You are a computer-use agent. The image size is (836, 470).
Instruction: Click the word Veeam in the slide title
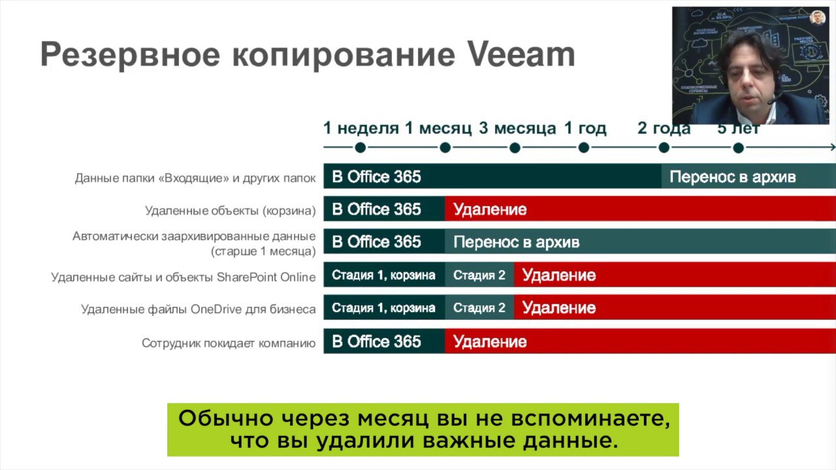pos(521,54)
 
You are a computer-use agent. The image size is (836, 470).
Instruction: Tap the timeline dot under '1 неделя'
pos(360,148)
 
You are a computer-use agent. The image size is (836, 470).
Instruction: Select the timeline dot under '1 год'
pos(584,148)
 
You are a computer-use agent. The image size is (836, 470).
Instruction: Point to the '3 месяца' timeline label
pos(518,128)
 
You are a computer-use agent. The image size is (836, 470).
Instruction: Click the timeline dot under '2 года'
pos(664,148)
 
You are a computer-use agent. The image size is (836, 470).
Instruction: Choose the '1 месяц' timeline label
pos(438,128)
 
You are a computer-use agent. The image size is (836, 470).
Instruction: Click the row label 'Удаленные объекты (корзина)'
pos(231,211)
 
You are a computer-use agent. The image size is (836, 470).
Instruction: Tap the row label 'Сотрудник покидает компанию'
pos(229,343)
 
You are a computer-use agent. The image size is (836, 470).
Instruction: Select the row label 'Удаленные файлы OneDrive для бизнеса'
pos(199,309)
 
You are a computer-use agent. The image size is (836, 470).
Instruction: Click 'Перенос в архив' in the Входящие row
pos(733,177)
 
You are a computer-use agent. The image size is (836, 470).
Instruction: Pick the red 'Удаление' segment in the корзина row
pos(641,208)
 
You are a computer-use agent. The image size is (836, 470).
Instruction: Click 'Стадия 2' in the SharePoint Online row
pos(479,275)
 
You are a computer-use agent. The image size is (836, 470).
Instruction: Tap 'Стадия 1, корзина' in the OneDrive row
pos(383,307)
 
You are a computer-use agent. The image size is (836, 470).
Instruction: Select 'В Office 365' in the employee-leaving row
pos(376,341)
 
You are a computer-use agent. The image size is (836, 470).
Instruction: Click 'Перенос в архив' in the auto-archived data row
pos(517,242)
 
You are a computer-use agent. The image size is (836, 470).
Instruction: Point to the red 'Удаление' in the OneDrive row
pos(559,307)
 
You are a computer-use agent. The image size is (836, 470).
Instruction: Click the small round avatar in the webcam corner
pos(817,18)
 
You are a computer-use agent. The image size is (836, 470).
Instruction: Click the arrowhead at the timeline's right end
pos(833,148)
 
